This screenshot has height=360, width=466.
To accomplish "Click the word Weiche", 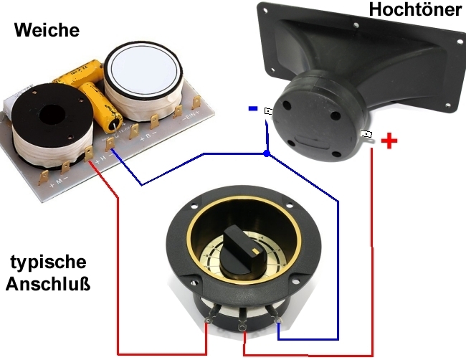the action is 47,30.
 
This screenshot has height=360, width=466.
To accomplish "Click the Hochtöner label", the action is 416,9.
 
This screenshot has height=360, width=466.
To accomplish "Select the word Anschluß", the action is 48,283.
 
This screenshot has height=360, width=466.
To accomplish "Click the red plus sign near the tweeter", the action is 389,141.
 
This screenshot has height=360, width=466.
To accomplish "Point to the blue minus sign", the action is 253,109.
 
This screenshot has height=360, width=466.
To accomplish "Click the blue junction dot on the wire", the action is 267,153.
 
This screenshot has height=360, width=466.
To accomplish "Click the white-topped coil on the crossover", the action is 144,80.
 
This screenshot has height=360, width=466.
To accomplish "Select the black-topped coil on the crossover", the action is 52,125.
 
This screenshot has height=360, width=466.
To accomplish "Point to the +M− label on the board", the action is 59,181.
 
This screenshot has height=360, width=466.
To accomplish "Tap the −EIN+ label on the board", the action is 191,117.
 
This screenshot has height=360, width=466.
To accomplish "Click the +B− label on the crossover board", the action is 148,137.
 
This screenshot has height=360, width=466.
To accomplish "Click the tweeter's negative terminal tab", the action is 268,111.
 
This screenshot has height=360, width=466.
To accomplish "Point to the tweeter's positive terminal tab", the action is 367,134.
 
